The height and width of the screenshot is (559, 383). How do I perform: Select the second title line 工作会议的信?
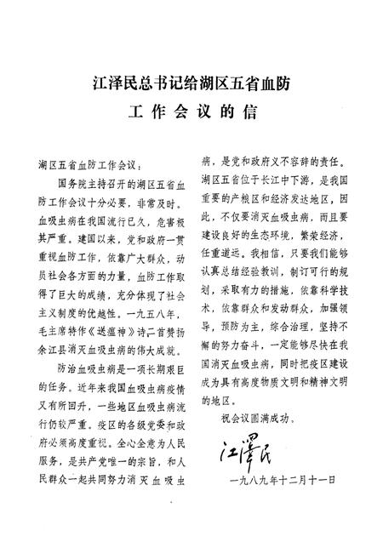(191, 112)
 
